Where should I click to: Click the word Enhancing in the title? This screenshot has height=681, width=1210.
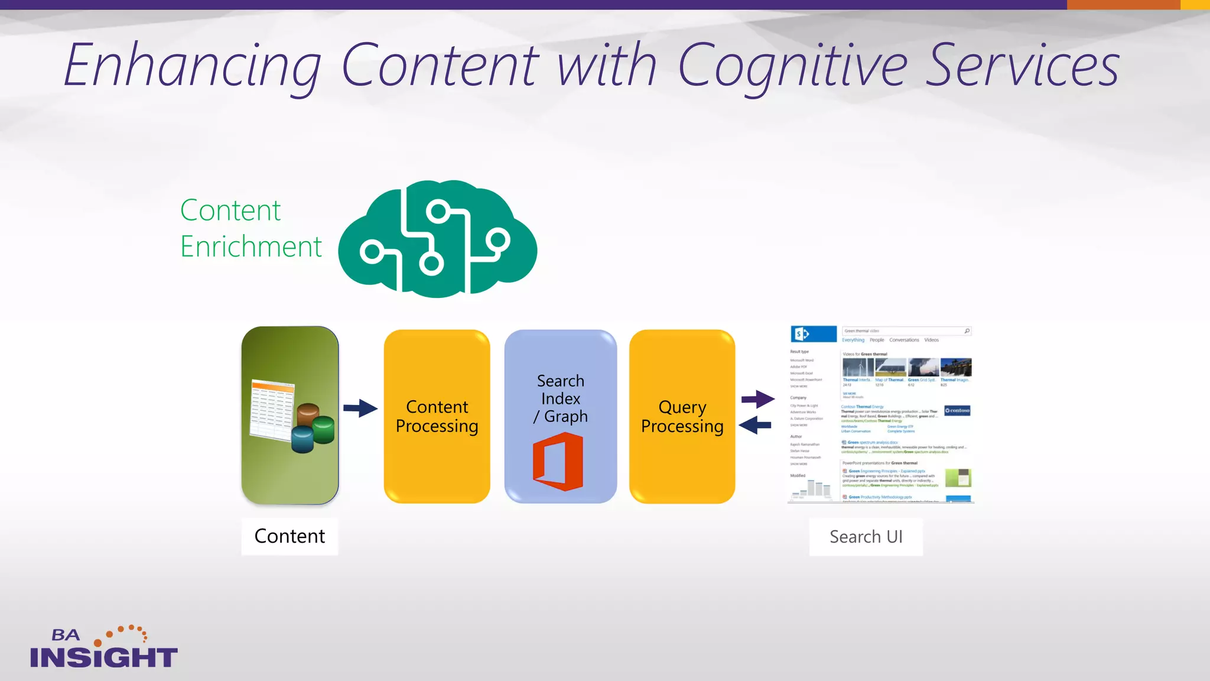click(193, 66)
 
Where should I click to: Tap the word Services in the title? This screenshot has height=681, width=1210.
click(1022, 66)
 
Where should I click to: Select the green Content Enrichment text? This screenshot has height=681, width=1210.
click(251, 228)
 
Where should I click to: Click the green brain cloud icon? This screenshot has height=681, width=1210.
click(437, 239)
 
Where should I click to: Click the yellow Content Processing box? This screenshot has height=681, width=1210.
click(437, 416)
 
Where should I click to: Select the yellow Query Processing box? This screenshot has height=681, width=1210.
click(682, 416)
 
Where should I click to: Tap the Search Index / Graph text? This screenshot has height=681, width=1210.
click(560, 398)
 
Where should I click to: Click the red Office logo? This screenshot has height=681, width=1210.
click(558, 462)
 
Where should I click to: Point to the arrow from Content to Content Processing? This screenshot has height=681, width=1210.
click(360, 408)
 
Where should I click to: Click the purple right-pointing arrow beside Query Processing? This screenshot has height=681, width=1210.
click(758, 399)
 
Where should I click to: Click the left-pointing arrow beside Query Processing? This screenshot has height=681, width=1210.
click(755, 425)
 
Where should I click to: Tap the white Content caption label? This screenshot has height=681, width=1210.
click(290, 536)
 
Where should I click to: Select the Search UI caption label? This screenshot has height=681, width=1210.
click(866, 537)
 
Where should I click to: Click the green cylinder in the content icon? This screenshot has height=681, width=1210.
click(323, 430)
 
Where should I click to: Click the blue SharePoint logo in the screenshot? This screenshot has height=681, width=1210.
click(813, 334)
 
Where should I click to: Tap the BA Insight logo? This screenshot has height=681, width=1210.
click(103, 648)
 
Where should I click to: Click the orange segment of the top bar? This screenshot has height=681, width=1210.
click(1123, 5)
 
